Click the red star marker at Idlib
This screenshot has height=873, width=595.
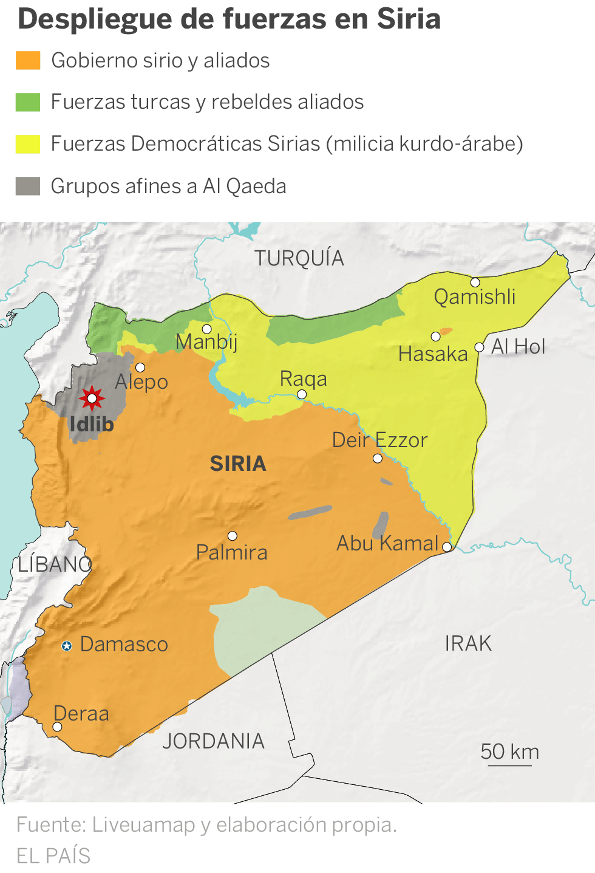click(92, 399)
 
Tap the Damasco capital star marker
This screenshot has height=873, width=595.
click(67, 646)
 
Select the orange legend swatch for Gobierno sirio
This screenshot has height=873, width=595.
click(28, 61)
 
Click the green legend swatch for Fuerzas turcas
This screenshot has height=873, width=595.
click(28, 102)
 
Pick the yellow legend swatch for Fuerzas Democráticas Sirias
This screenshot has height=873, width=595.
click(28, 144)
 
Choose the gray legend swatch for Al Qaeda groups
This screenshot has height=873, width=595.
click(28, 186)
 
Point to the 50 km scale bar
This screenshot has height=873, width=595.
click(509, 765)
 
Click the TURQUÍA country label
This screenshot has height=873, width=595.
click(299, 258)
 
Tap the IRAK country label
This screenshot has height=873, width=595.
click(468, 643)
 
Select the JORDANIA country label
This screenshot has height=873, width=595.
click(213, 741)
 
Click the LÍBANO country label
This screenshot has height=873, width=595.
click(54, 564)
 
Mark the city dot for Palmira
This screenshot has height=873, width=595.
click(233, 536)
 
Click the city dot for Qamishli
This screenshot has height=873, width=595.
click(475, 282)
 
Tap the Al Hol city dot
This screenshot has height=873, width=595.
click(480, 347)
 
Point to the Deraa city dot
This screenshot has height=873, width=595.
click(57, 727)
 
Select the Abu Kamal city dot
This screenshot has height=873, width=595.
click(447, 547)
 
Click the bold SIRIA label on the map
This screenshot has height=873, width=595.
click(238, 464)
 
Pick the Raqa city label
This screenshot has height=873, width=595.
click(303, 378)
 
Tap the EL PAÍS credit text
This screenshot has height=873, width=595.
click(53, 855)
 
